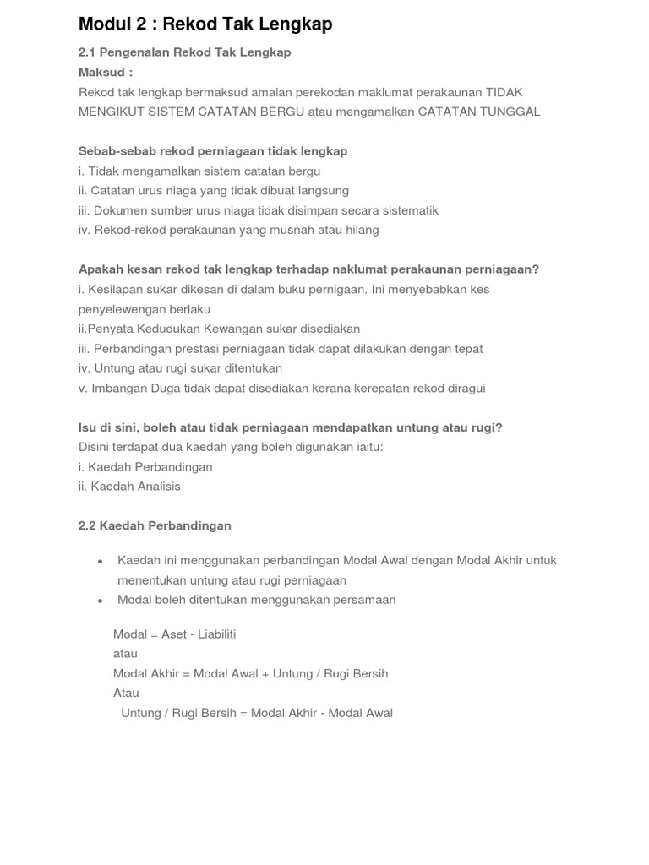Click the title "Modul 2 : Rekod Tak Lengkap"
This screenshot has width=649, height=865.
pyautogui.click(x=205, y=24)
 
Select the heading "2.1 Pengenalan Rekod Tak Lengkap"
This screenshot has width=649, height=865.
pyautogui.click(x=184, y=52)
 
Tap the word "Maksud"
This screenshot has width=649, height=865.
pyautogui.click(x=101, y=72)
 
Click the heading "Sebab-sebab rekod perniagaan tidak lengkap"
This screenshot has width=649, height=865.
pyautogui.click(x=213, y=151)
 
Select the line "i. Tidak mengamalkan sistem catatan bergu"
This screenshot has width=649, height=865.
pyautogui.click(x=199, y=171)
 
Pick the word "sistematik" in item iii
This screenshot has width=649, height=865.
pyautogui.click(x=408, y=210)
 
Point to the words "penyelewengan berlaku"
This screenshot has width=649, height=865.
pyautogui.click(x=145, y=309)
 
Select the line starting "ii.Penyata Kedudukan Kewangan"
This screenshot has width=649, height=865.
pyautogui.click(x=219, y=329)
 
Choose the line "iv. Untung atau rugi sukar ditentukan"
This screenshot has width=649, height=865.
pyautogui.click(x=180, y=368)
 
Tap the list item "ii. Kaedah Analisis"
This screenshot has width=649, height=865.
pyautogui.click(x=129, y=487)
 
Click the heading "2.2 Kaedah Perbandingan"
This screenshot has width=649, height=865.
pyautogui.click(x=155, y=525)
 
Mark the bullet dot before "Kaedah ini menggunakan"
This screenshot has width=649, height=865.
pyautogui.click(x=101, y=562)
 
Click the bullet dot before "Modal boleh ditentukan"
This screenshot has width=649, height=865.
pyautogui.click(x=101, y=601)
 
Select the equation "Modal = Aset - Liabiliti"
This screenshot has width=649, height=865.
pyautogui.click(x=175, y=634)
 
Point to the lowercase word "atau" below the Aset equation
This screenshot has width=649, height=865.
pyautogui.click(x=125, y=654)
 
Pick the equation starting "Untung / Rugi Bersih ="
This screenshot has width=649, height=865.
pyautogui.click(x=257, y=713)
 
